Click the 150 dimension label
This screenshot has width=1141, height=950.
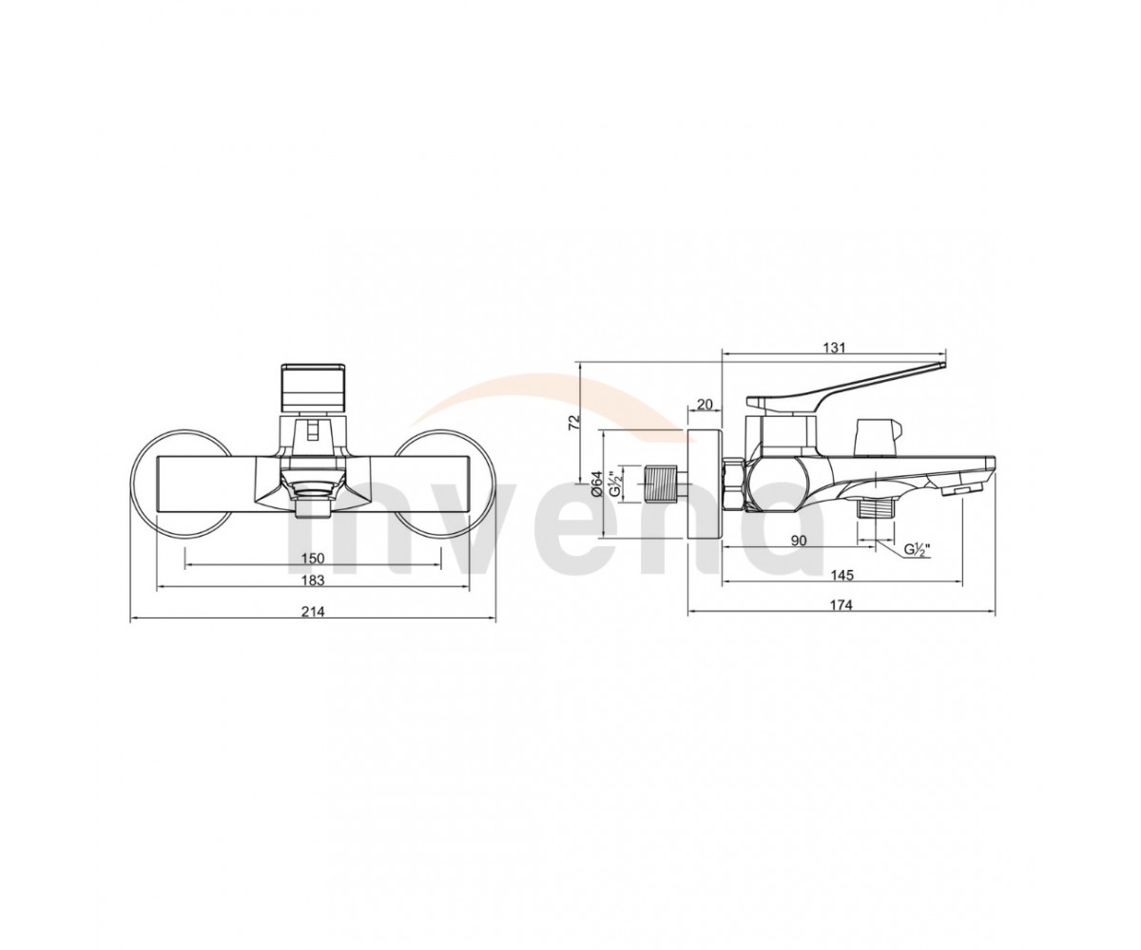pyautogui.click(x=313, y=558)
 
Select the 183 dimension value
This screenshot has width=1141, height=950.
pyautogui.click(x=313, y=579)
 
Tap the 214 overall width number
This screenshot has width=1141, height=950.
pyautogui.click(x=313, y=612)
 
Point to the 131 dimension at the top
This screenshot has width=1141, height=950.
pyautogui.click(x=835, y=348)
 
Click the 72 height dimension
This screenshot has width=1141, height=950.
pyautogui.click(x=573, y=422)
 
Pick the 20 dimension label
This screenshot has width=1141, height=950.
pyautogui.click(x=706, y=405)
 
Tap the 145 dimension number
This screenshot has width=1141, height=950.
pyautogui.click(x=843, y=575)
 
